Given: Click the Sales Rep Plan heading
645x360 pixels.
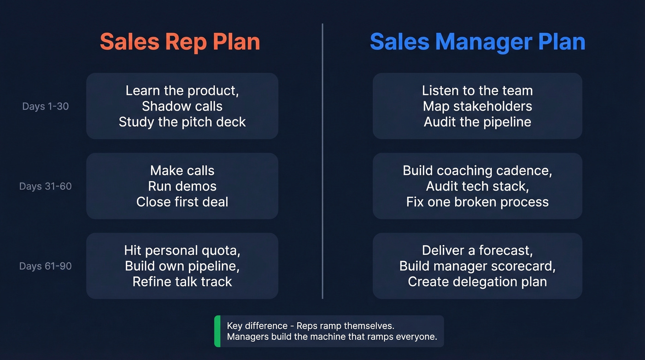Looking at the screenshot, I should (x=180, y=41).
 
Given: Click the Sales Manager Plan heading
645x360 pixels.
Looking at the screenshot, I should (x=477, y=41).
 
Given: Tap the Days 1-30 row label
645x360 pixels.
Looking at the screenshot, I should (x=45, y=106).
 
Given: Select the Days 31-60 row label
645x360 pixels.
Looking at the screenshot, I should (x=45, y=187).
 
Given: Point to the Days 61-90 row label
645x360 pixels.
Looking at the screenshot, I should (x=45, y=266).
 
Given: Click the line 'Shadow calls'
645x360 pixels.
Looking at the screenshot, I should (x=182, y=106).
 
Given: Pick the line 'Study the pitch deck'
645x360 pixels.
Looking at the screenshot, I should (x=182, y=122).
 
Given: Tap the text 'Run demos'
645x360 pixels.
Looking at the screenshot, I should (x=182, y=186).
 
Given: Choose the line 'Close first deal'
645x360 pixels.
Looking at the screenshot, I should (x=182, y=202).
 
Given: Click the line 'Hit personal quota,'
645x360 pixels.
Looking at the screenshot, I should (x=182, y=251).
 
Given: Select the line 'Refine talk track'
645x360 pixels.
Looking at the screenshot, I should (x=182, y=282).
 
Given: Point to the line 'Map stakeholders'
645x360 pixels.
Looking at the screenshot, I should (x=477, y=106).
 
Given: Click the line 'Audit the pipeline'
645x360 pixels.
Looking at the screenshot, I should (x=477, y=122).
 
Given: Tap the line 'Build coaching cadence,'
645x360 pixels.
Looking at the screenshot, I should (x=477, y=171).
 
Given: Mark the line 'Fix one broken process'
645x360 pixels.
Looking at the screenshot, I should (x=477, y=202).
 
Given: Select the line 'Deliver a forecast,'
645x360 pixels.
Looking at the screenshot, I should (x=477, y=251).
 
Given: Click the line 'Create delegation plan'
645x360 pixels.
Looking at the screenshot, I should (x=477, y=282).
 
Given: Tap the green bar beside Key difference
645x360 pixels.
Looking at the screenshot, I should (x=217, y=331).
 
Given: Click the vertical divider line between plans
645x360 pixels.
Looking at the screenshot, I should (x=322, y=161).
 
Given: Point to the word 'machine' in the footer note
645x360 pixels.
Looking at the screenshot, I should (x=311, y=337).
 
